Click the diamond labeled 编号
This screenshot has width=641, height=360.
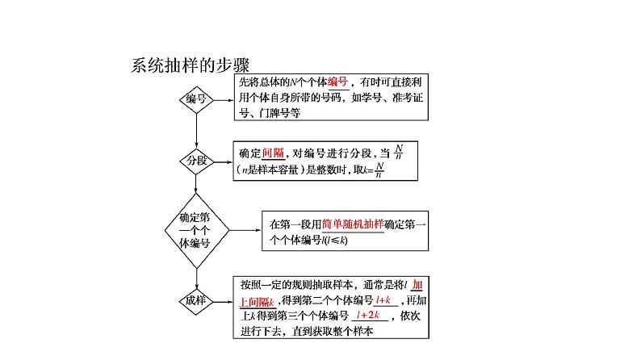point(195,99)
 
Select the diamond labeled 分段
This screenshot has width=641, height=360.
point(195,160)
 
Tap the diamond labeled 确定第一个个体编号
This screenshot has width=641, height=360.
point(195,230)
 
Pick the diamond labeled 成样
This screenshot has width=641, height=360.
point(195,300)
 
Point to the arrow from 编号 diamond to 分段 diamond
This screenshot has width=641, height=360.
point(195,131)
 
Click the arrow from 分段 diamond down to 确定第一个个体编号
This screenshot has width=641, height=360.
point(195,186)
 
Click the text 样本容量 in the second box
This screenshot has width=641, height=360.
point(279,170)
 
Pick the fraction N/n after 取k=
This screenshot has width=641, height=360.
point(380,170)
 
